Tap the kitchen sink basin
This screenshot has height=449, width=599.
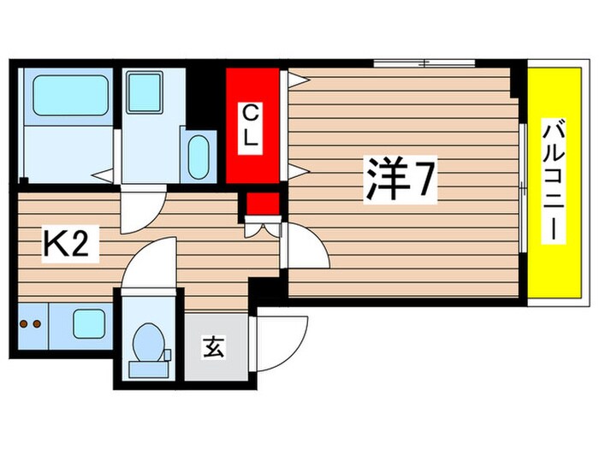[88, 324]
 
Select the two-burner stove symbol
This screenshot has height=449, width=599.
[31, 324]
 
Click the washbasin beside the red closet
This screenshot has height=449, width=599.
[199, 157]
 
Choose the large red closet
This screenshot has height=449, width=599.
[252, 126]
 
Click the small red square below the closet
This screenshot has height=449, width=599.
[263, 205]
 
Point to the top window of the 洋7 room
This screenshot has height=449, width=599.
[424, 62]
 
